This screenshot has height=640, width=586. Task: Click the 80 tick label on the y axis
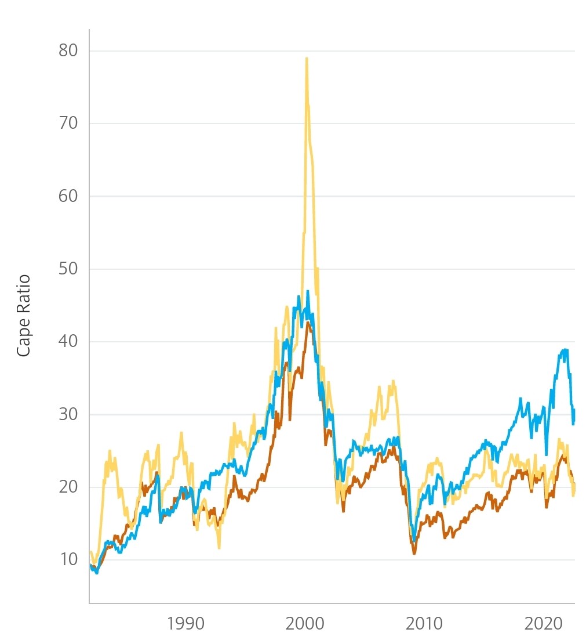click(68, 50)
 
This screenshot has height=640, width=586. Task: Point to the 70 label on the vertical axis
click(68, 123)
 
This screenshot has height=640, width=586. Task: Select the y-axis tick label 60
click(68, 196)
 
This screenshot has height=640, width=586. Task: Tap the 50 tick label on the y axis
click(68, 269)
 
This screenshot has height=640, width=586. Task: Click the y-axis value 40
click(68, 342)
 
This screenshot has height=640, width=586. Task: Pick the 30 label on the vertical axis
click(68, 414)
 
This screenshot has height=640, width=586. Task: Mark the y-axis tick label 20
click(68, 487)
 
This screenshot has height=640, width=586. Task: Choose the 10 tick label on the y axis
click(68, 559)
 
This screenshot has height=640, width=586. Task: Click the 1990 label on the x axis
click(185, 624)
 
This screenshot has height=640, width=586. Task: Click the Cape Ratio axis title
click(23, 316)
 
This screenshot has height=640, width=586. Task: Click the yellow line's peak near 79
click(306, 58)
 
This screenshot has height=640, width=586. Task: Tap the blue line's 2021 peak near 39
click(565, 349)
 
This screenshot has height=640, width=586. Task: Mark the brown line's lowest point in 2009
click(414, 554)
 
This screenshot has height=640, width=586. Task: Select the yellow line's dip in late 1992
click(219, 548)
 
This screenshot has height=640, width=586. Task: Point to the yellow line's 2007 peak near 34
click(393, 381)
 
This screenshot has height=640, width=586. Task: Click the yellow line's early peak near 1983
click(109, 451)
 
